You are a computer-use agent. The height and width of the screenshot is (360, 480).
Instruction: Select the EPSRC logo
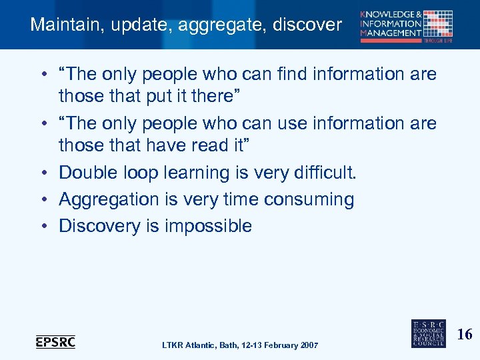[55, 342]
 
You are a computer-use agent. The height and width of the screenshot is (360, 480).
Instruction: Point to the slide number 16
[465, 334]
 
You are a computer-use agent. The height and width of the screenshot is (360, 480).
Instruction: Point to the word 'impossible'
[208, 226]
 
